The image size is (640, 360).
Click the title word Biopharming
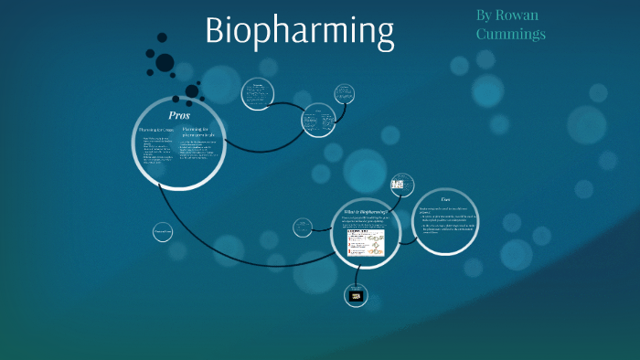point(299,32)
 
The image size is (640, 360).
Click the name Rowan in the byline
point(519,16)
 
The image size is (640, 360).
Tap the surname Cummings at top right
point(511,34)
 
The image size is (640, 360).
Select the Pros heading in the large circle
point(179,116)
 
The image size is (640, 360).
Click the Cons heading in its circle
point(445,199)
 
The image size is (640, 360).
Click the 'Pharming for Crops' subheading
point(155,131)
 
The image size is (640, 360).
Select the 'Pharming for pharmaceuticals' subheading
point(201,134)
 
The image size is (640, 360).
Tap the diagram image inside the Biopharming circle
point(365,242)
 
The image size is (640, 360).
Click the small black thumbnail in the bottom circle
point(357,296)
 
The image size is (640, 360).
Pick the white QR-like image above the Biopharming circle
point(399,185)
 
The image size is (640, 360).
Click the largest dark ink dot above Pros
point(165,62)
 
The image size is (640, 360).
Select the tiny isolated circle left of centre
point(164,232)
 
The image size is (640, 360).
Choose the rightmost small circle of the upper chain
point(345,93)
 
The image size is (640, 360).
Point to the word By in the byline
point(485,16)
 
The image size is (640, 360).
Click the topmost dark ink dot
point(162,37)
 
